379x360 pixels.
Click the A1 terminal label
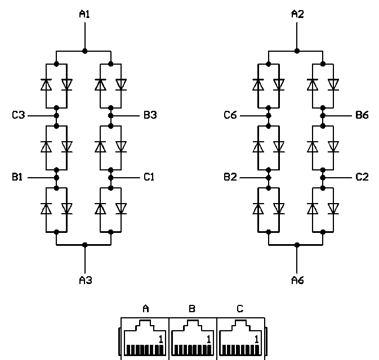coord(84,15)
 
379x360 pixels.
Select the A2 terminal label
coord(297,15)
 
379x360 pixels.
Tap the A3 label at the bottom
coord(84,280)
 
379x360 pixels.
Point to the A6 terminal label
coord(297,280)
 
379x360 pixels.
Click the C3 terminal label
coord(19,115)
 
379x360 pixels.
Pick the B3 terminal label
coord(150,115)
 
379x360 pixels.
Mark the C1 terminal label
coord(149,177)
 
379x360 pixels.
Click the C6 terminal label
coord(230,115)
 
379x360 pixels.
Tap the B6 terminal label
coord(362,115)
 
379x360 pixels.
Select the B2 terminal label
coord(230,177)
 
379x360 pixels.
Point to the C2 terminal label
coord(362,177)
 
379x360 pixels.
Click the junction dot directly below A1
coord(84,51)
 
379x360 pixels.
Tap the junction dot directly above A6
coord(297,245)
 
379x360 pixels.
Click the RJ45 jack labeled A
coord(145,337)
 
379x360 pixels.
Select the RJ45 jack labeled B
coord(193,337)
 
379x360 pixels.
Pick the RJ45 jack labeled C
coord(240,337)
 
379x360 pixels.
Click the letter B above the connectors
coord(193,308)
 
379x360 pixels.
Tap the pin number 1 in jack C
coord(257,339)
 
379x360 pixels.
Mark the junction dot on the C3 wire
coord(57,115)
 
